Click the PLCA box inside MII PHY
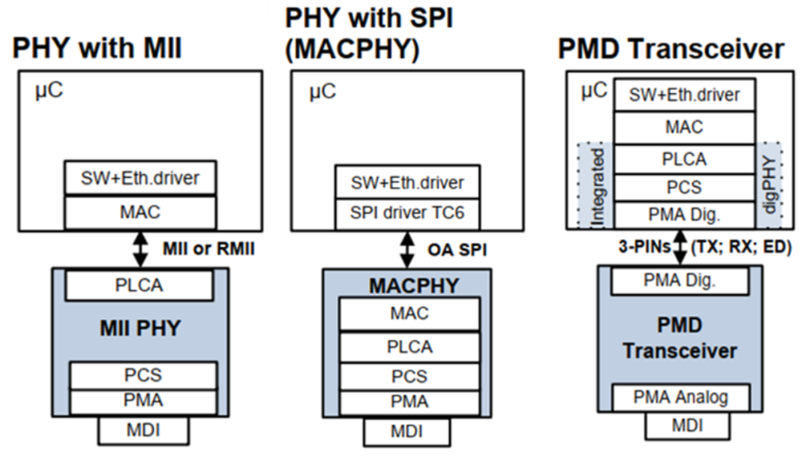(140, 285)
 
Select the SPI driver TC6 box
(408, 212)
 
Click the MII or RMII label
(207, 249)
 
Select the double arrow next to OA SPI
(407, 248)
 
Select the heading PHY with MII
(97, 50)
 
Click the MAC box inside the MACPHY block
(409, 314)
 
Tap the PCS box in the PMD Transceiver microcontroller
(684, 187)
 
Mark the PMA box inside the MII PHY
(142, 401)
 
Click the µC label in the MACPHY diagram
(322, 92)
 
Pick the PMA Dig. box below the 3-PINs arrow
(681, 281)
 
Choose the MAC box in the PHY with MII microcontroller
(140, 212)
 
